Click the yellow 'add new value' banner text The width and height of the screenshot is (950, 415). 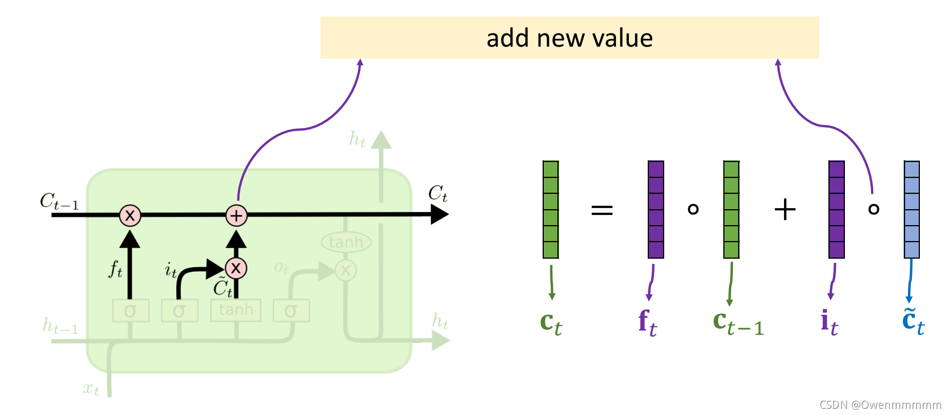pos(569,38)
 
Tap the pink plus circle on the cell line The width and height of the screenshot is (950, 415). pos(236,215)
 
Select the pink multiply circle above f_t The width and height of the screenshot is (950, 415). pos(130,215)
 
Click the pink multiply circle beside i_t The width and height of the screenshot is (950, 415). pos(236,268)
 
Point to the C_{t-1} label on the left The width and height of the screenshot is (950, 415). pos(59,201)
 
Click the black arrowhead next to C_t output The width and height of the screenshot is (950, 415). pos(439,214)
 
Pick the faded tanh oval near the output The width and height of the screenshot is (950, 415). pos(346,243)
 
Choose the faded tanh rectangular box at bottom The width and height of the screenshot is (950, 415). pos(236,310)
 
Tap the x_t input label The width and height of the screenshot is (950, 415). pos(91,389)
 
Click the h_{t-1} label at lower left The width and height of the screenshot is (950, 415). pos(60,326)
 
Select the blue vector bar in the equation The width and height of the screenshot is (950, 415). pos(911,209)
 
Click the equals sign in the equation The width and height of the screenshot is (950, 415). pos(602,210)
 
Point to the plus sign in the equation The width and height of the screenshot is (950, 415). pos(785,210)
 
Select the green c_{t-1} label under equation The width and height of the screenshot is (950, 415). pos(738,323)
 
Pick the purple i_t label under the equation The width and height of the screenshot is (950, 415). pos(829,323)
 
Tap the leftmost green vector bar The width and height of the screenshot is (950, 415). pos(551,209)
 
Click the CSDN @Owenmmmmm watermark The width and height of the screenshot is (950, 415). pos(880,405)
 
